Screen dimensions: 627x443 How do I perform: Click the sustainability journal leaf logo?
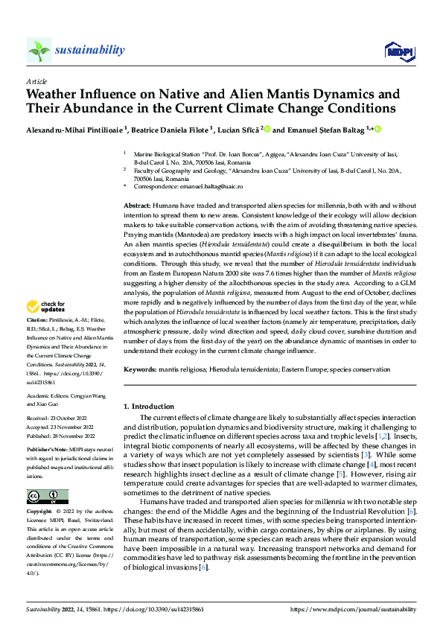coord(39,50)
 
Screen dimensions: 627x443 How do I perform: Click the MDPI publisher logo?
coord(398,50)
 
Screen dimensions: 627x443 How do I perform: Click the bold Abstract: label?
coord(136,204)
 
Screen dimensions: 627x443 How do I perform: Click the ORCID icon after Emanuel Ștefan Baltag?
coord(377,129)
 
